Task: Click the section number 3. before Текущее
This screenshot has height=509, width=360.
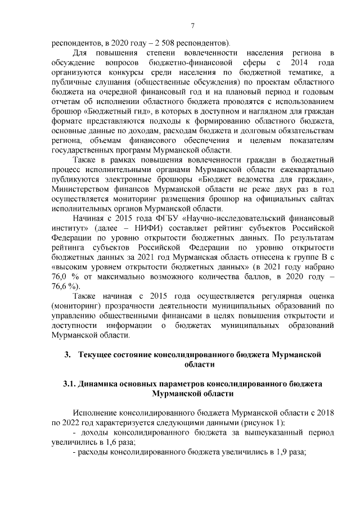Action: [67, 355]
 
